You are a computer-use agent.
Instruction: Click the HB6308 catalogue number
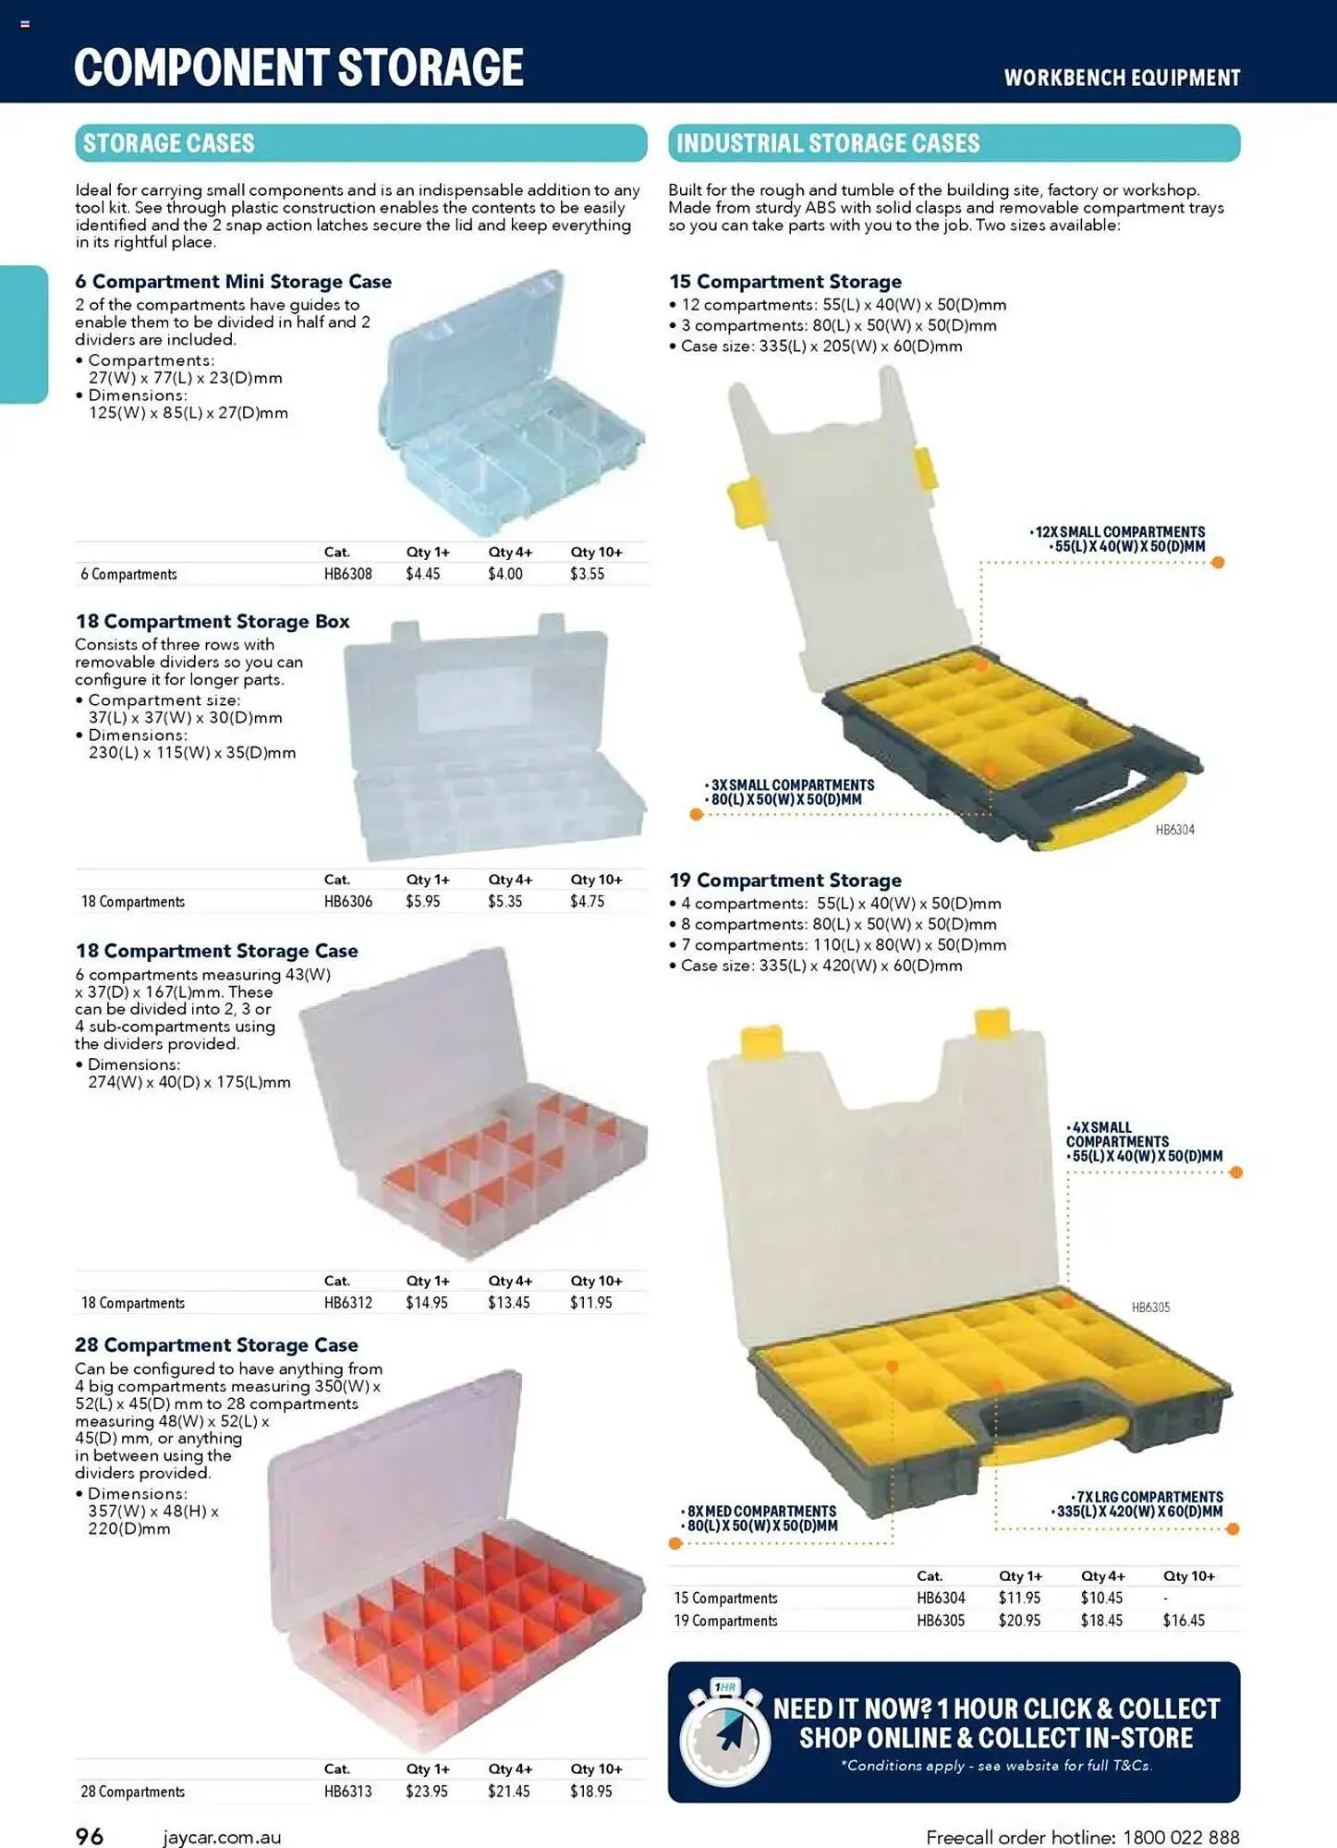point(347,574)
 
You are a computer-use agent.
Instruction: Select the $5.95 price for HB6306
point(422,901)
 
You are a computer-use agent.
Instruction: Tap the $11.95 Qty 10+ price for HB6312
point(590,1303)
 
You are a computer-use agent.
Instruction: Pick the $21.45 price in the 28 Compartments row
point(508,1791)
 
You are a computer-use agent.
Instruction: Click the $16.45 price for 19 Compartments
point(1184,1620)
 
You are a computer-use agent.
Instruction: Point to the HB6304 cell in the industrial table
point(941,1598)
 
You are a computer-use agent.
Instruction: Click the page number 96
point(90,1836)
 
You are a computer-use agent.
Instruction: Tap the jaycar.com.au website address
point(222,1838)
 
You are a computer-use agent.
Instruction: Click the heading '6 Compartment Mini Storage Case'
point(233,282)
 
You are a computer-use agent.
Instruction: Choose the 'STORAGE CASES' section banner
point(360,143)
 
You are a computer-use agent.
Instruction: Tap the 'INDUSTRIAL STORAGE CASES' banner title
point(828,143)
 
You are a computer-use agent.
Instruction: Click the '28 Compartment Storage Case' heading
point(216,1345)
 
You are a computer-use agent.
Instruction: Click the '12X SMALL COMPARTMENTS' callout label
point(1119,532)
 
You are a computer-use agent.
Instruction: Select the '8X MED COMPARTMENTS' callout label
point(759,1511)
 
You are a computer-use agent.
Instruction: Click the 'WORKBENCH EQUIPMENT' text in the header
point(1123,78)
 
